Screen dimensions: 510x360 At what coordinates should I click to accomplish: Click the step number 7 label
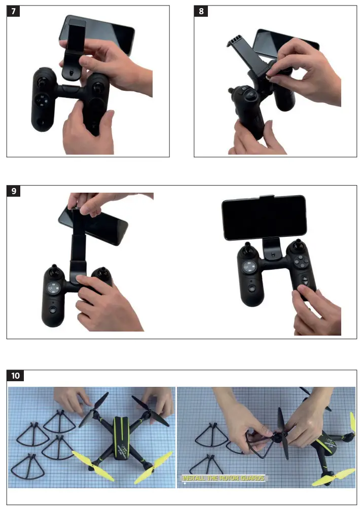pyautogui.click(x=13, y=11)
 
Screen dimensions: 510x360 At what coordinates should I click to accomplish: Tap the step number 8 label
pyautogui.click(x=201, y=11)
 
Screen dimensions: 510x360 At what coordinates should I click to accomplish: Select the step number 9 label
pyautogui.click(x=13, y=191)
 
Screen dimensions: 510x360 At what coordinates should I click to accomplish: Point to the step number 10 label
pyautogui.click(x=15, y=376)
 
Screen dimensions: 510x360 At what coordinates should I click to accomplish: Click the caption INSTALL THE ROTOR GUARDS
pyautogui.click(x=223, y=478)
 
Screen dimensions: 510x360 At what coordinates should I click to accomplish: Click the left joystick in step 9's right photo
pyautogui.click(x=248, y=251)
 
